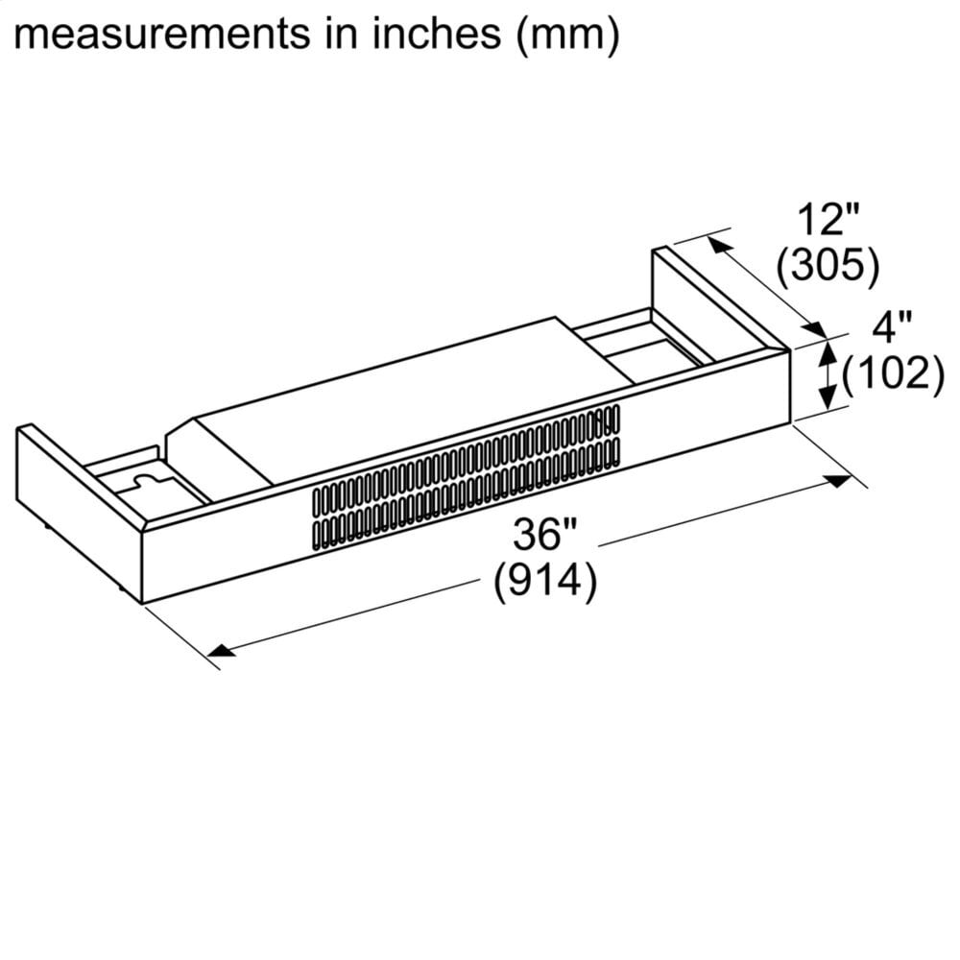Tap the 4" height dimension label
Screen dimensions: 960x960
click(890, 329)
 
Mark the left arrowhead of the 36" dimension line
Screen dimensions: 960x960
click(221, 652)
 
